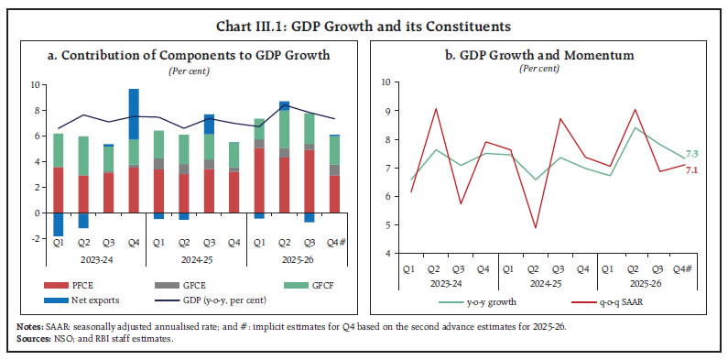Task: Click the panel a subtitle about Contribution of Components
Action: point(188,55)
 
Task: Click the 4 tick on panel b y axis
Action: point(389,253)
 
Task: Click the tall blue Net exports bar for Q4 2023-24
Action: point(134,114)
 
